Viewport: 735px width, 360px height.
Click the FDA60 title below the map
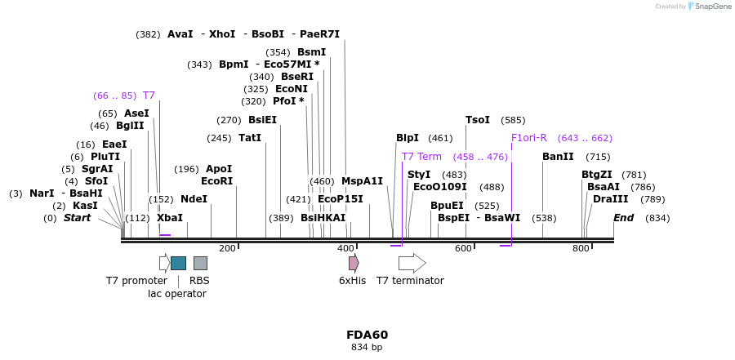pyautogui.click(x=367, y=335)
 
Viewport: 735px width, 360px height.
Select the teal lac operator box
pyautogui.click(x=178, y=263)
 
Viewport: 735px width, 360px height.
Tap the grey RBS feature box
pyautogui.click(x=200, y=263)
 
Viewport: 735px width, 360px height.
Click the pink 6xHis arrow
pyautogui.click(x=353, y=263)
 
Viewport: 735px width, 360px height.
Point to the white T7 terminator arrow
pyautogui.click(x=412, y=263)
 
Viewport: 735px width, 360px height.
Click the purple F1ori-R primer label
pyautogui.click(x=529, y=138)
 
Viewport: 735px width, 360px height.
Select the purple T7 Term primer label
pyautogui.click(x=421, y=157)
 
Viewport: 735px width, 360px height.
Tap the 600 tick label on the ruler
pyautogui.click(x=463, y=248)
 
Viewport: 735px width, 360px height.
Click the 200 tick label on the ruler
pyautogui.click(x=227, y=248)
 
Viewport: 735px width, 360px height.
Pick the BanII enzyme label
pyautogui.click(x=558, y=157)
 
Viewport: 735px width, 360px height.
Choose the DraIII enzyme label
pyautogui.click(x=611, y=199)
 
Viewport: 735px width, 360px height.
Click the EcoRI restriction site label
pyautogui.click(x=217, y=181)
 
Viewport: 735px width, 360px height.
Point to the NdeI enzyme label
pyautogui.click(x=194, y=199)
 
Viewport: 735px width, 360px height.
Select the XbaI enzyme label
pyautogui.click(x=170, y=218)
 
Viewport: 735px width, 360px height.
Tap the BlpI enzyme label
pyautogui.click(x=408, y=138)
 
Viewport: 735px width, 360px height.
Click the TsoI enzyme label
pyautogui.click(x=478, y=120)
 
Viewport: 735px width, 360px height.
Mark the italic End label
pyautogui.click(x=624, y=218)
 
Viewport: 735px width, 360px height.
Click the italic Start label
pyautogui.click(x=77, y=218)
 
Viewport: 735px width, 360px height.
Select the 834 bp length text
pyautogui.click(x=367, y=348)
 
